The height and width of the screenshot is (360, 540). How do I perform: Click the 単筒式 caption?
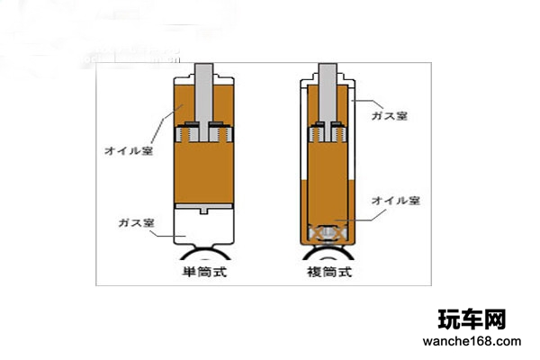click(x=204, y=272)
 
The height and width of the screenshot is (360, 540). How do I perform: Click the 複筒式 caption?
click(x=329, y=272)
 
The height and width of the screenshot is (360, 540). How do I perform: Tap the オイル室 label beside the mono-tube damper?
click(x=129, y=150)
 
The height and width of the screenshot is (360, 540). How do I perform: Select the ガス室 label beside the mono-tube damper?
click(x=136, y=223)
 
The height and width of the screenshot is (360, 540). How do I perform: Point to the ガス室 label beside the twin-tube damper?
click(x=390, y=116)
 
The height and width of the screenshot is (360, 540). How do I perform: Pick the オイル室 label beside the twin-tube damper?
click(x=396, y=201)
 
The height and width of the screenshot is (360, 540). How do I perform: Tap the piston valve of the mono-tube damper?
click(x=204, y=132)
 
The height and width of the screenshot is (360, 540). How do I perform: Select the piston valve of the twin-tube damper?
click(x=328, y=132)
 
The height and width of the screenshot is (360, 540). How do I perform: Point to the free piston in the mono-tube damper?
click(x=204, y=208)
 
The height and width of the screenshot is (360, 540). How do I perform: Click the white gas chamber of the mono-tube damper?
click(x=204, y=228)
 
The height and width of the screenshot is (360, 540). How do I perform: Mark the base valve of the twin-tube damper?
click(x=328, y=233)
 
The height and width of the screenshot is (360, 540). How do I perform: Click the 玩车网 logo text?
click(x=472, y=319)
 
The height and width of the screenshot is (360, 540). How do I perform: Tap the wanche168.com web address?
click(x=472, y=341)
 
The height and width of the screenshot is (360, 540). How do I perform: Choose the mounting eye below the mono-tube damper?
click(x=205, y=254)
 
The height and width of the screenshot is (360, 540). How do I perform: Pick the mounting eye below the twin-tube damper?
click(x=328, y=254)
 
